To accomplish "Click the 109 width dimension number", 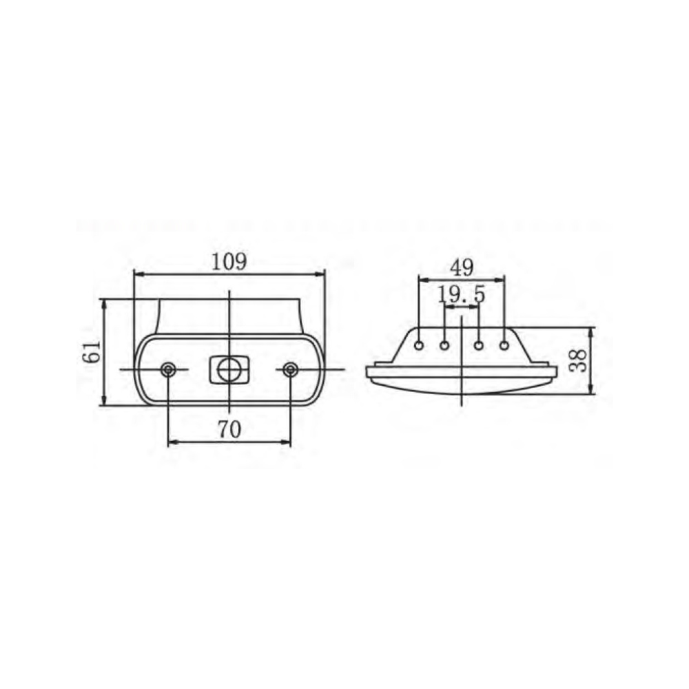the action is tap(229, 262).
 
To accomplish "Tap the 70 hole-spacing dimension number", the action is tap(229, 429).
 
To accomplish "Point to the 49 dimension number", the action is tap(462, 268).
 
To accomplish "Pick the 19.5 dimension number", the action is tap(462, 294).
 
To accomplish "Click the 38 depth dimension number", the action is tap(578, 360).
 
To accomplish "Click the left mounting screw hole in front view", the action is tap(168, 369).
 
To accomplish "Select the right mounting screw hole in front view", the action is tap(289, 369).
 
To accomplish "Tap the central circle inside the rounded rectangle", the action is tap(229, 369).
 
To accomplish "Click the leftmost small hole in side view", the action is tap(420, 345).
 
